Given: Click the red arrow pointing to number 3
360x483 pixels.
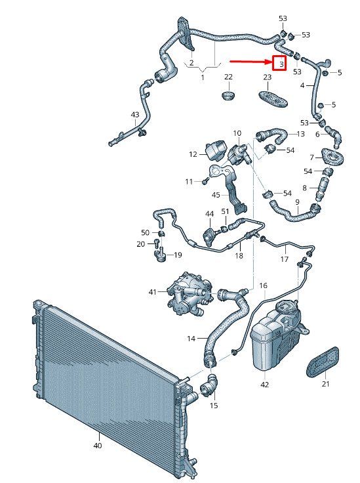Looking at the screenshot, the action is (250, 62).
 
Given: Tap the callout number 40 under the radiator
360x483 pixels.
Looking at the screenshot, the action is (98, 446).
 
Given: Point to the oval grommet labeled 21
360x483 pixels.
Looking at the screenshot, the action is (323, 362).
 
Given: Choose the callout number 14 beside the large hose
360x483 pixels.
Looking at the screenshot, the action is (191, 339).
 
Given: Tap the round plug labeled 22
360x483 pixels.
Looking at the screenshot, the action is (228, 95).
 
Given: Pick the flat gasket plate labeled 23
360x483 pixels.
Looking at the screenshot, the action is (273, 99).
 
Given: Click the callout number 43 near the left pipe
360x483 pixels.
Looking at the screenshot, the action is (135, 115).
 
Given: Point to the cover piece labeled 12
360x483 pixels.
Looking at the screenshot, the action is (216, 150).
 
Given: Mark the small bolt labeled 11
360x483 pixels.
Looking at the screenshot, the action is (205, 181).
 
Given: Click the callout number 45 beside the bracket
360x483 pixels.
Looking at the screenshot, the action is (216, 195).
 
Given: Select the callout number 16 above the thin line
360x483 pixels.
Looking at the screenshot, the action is (263, 285).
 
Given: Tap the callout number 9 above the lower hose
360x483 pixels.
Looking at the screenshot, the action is (297, 202).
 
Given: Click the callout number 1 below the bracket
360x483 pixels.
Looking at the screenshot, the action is (202, 77).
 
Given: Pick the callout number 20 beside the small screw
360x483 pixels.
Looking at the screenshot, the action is (140, 244).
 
